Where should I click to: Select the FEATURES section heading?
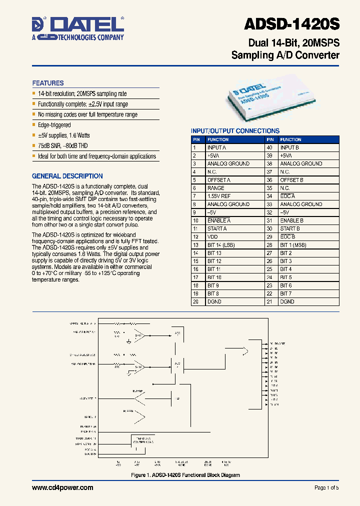(x=48, y=83)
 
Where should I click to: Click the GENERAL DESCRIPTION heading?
(x=67, y=176)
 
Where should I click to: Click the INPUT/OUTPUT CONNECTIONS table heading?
(x=235, y=131)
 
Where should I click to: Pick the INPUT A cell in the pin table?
(x=217, y=147)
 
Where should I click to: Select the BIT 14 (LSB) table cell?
(x=221, y=245)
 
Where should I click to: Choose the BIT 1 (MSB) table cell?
(x=293, y=245)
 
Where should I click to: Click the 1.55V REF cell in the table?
(x=219, y=196)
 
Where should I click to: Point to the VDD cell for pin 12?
(x=212, y=236)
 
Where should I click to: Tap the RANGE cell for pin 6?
(x=216, y=188)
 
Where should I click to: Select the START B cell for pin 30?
(x=290, y=228)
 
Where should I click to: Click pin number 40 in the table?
(x=269, y=147)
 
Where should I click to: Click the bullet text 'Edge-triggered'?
(x=54, y=125)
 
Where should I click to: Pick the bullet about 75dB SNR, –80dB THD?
(x=63, y=145)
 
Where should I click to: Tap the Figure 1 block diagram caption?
(x=185, y=475)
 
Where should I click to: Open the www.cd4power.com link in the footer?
(x=62, y=487)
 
